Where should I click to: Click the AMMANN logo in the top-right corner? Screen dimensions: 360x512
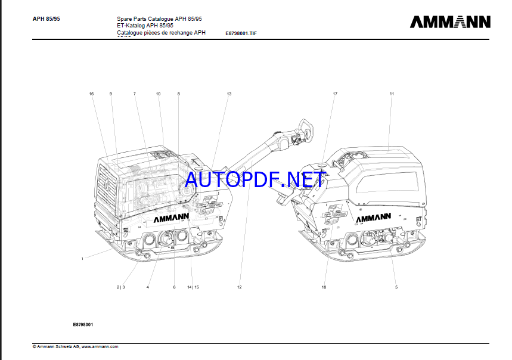pos(450,22)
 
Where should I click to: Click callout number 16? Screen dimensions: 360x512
pos(92,94)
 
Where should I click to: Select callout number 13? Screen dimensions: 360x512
pos(229,94)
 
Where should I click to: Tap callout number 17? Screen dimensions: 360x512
pos(335,94)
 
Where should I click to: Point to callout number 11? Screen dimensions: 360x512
pos(392,94)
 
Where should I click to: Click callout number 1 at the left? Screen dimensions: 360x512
pos(82,259)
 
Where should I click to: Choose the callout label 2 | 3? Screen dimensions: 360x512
pos(120,287)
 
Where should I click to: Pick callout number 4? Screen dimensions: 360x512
pos(147,287)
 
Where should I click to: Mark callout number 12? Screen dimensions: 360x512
pos(240,287)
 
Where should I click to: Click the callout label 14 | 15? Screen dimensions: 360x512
pos(193,287)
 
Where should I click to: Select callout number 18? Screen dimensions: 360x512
pos(324,287)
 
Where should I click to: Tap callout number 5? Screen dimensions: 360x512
pos(396,287)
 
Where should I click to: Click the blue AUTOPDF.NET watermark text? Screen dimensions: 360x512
pos(255,179)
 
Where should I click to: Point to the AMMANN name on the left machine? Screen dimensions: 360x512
pos(171,219)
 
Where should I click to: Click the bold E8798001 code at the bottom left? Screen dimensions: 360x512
pos(83,324)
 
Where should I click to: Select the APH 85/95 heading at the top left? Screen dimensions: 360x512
pos(46,18)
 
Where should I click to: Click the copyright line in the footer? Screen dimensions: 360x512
pos(75,346)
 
